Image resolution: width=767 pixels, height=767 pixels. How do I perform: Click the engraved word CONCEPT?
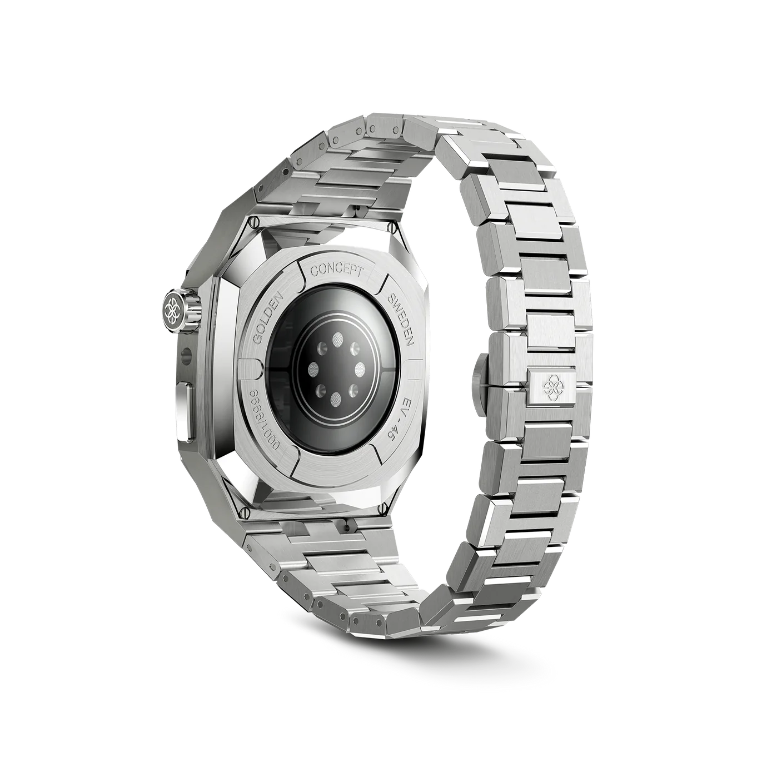[x=337, y=272]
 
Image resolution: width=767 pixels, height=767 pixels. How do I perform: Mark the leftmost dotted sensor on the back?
[x=315, y=368]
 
